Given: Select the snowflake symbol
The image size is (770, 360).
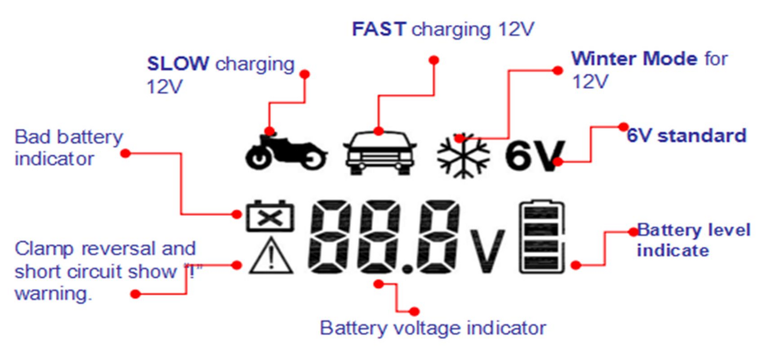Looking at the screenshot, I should click(463, 156).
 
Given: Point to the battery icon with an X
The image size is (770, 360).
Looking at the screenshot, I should click(270, 216).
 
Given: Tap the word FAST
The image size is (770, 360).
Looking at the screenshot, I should click(379, 29).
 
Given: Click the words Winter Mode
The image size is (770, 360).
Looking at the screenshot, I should click(634, 58).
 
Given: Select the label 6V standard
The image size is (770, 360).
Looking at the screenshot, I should click(686, 135).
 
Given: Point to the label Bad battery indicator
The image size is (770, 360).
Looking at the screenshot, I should click(68, 148).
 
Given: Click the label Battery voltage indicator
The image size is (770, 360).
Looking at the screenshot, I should click(433, 327).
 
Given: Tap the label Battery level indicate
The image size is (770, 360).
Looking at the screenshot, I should click(694, 240).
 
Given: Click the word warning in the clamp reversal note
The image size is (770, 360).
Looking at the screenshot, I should click(53, 294).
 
